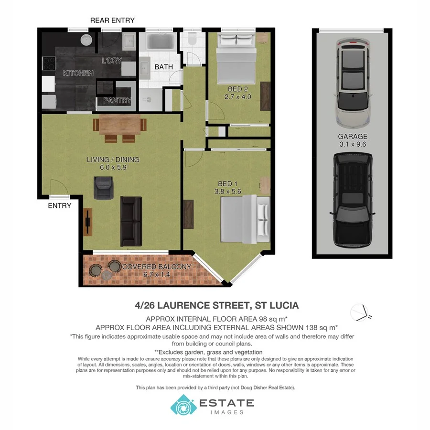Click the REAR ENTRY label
pyautogui.click(x=112, y=20)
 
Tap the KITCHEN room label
pyautogui.click(x=78, y=73)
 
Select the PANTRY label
pyautogui.click(x=117, y=100)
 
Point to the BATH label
pyautogui.click(x=163, y=67)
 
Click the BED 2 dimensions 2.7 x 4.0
pyautogui.click(x=237, y=97)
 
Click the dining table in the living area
pyautogui.click(x=119, y=125)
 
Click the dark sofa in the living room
pyautogui.click(x=131, y=221)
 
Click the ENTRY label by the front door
pyautogui.click(x=60, y=206)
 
